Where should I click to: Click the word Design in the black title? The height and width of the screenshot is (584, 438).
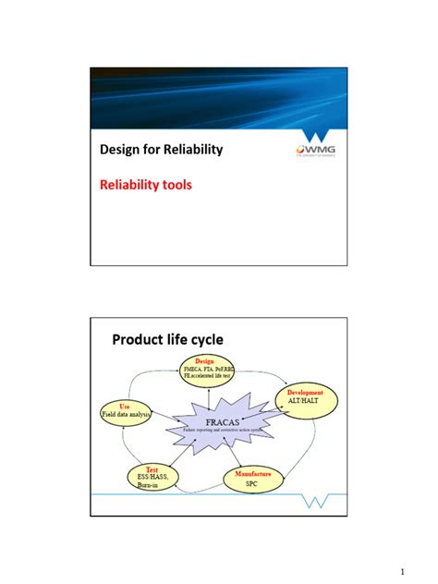pos(121,149)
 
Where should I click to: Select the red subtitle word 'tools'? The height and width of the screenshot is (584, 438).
pos(176,185)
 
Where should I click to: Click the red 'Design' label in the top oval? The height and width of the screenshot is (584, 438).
pos(206,359)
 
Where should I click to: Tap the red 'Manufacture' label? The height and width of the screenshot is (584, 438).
pos(251,473)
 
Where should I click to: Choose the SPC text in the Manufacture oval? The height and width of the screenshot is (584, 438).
pos(251,484)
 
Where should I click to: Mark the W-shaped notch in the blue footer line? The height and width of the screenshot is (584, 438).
pos(317,500)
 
